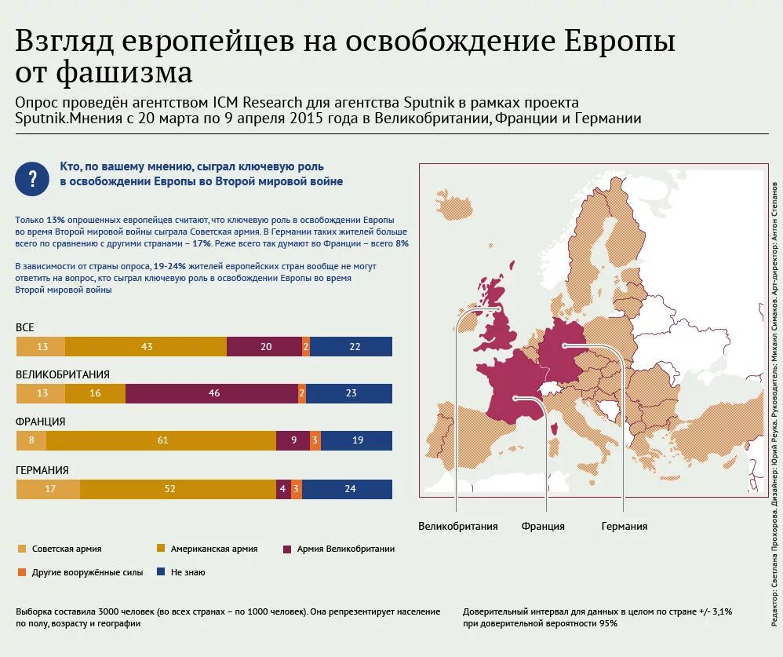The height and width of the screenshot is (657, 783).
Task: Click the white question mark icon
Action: pos(32,179)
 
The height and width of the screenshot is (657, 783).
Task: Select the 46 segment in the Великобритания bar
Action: pos(214,394)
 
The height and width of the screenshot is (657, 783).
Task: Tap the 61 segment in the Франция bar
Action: pos(162,440)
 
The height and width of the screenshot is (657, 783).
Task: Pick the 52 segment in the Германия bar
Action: pos(169,489)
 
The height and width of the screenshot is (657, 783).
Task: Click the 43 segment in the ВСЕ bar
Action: pos(147,346)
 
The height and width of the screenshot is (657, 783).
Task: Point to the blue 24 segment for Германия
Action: pos(349,489)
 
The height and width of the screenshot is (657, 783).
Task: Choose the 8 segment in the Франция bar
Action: pos(31,440)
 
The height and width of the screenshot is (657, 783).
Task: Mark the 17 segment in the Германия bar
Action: pos(49,489)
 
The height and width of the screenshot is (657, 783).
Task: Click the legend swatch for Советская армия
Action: pos(21,549)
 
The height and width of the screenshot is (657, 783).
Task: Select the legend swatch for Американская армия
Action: pos(162,549)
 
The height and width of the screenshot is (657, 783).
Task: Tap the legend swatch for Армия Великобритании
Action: pos(287,549)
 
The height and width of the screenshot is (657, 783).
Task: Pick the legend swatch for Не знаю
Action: pos(162,572)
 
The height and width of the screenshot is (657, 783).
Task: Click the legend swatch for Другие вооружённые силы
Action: pos(21,572)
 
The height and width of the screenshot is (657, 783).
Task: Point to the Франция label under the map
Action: pos(543,527)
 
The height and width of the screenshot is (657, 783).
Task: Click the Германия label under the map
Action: pos(625,527)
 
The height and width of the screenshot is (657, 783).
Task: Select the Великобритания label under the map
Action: pos(458,527)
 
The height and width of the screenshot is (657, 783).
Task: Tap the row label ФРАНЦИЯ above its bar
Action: pos(41,422)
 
